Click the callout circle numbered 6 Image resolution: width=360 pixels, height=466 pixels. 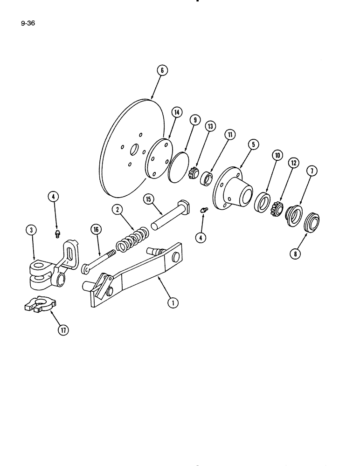coord(162,71)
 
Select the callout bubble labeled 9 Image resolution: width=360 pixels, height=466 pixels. coord(195,120)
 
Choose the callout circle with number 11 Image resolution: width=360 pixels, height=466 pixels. coord(230,135)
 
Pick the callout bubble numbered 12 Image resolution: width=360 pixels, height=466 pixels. coord(293,163)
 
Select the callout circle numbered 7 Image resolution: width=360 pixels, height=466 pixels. coord(312,171)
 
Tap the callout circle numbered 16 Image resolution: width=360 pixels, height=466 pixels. coord(96,229)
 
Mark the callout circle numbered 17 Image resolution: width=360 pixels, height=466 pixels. coord(63,330)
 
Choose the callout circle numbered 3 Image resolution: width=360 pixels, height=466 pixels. coord(31,229)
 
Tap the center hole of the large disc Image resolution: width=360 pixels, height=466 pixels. coord(134,150)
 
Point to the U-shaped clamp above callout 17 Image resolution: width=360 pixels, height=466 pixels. coord(40,304)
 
